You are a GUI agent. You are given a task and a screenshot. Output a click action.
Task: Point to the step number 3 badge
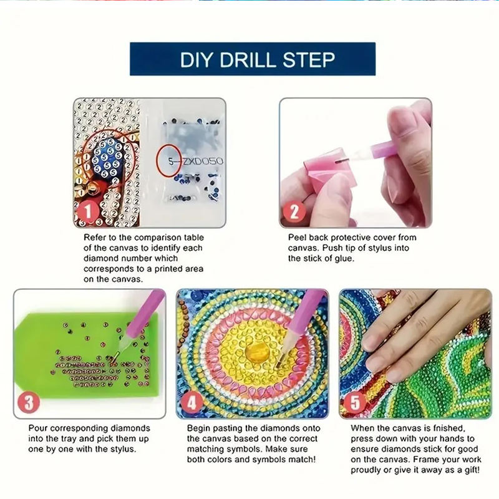pos(29,402)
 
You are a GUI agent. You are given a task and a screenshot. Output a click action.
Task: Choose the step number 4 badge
pos(192,402)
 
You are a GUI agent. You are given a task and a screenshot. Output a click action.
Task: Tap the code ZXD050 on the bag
pos(202,162)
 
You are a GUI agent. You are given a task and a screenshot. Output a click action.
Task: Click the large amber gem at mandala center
pos(257,352)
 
